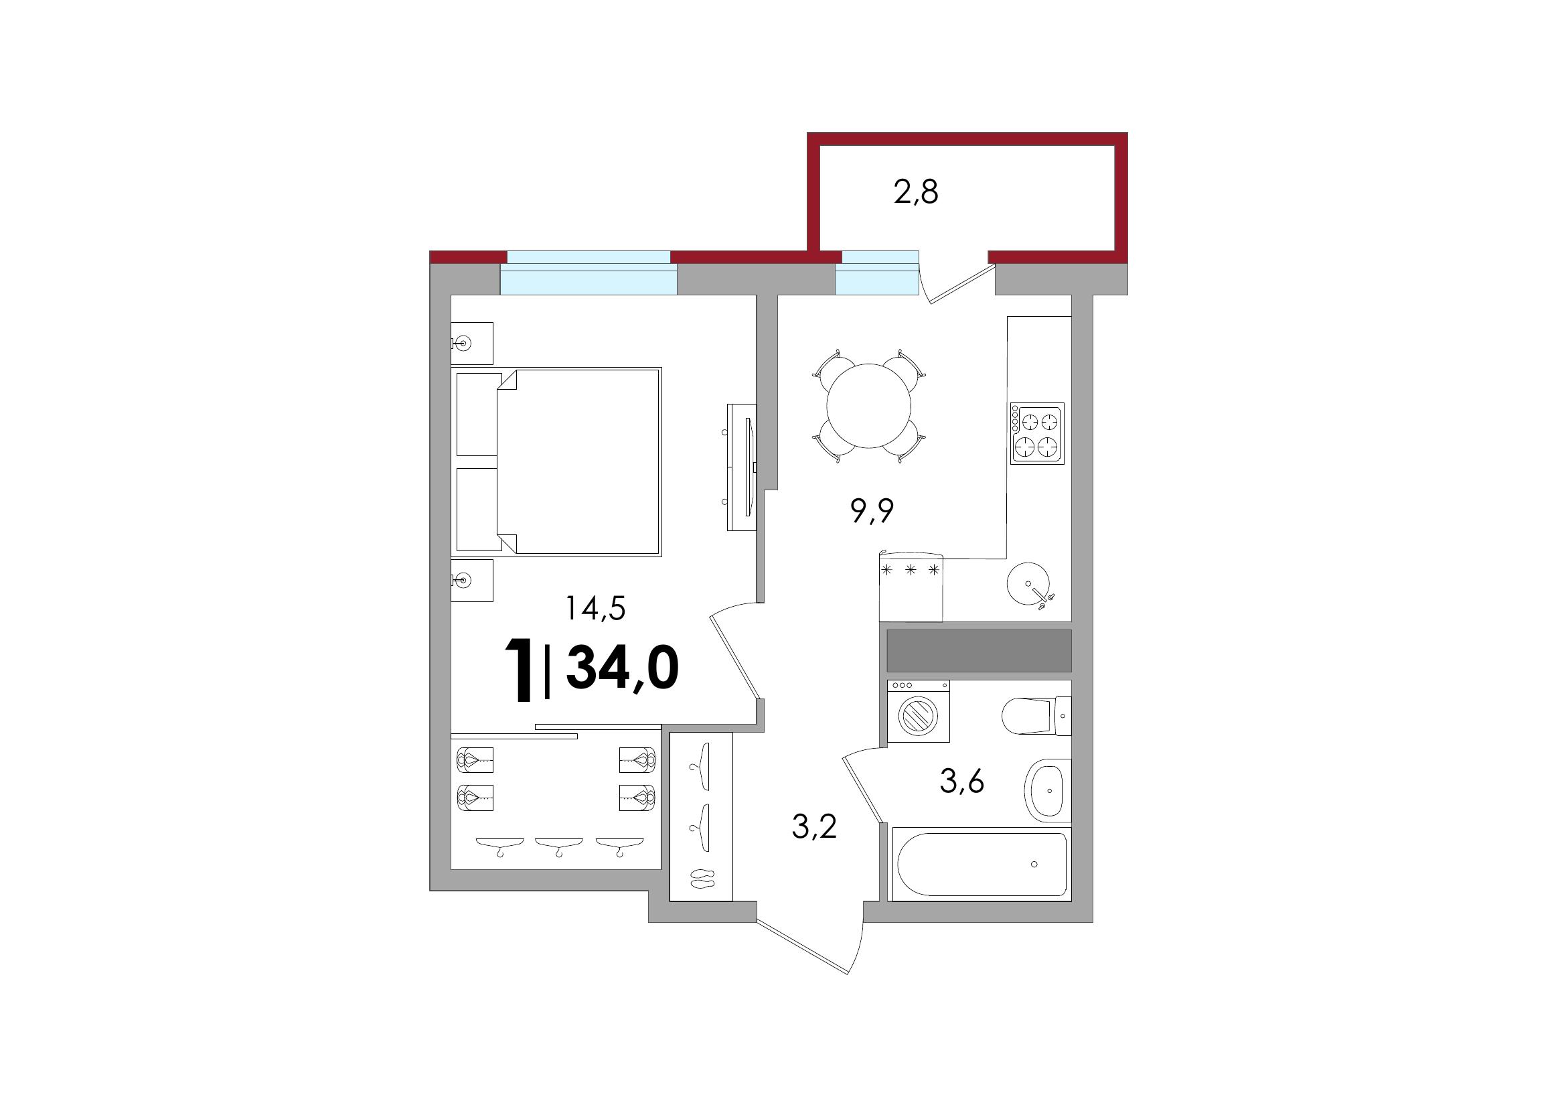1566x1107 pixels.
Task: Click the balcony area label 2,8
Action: coord(916,193)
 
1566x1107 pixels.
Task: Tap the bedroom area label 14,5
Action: coord(595,607)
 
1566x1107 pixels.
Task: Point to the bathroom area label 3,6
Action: coord(961,781)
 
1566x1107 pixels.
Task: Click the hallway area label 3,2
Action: coord(814,827)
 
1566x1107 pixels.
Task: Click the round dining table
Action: coord(869,406)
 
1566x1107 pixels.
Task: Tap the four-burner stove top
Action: coord(1037,434)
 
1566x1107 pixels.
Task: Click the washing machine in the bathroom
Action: coord(918,711)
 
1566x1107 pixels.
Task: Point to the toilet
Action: coord(1036,715)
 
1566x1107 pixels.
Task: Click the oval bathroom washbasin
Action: coord(1048,790)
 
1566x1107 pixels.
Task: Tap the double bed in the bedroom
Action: coord(556,462)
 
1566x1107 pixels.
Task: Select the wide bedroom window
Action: coord(589,273)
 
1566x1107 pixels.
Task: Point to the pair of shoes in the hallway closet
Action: coord(701,879)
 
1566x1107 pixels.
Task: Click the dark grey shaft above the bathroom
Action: coord(980,651)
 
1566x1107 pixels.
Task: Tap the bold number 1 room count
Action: coord(518,669)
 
